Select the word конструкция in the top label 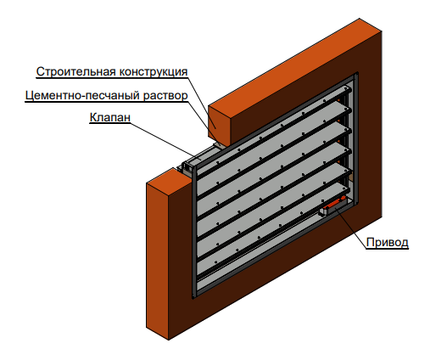click(154, 72)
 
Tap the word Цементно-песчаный click(82, 96)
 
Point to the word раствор click(165, 96)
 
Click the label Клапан click(110, 117)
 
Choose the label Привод click(387, 242)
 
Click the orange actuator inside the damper click(333, 203)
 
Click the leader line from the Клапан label click(162, 140)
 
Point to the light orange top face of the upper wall click(295, 65)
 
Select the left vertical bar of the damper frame click(194, 232)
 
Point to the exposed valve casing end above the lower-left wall click(187, 168)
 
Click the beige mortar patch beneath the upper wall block click(220, 145)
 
